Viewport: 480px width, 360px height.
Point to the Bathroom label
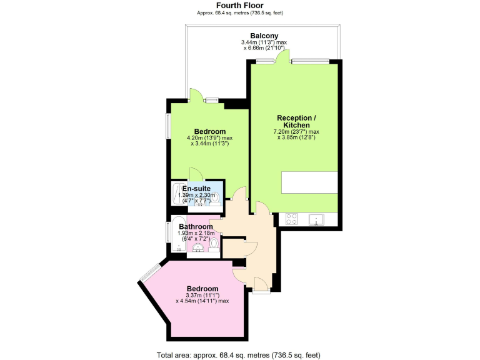point(196,226)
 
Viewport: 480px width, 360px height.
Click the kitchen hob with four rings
point(291,219)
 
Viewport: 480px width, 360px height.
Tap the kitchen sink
point(316,219)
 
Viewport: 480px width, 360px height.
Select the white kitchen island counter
point(309,182)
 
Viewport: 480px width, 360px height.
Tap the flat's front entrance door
point(261,286)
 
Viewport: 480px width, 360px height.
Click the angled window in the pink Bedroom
point(149,272)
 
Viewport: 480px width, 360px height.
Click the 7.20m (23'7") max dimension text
point(296,132)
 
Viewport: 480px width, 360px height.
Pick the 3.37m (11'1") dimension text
point(197,295)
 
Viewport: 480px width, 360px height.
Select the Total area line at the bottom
point(239,354)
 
